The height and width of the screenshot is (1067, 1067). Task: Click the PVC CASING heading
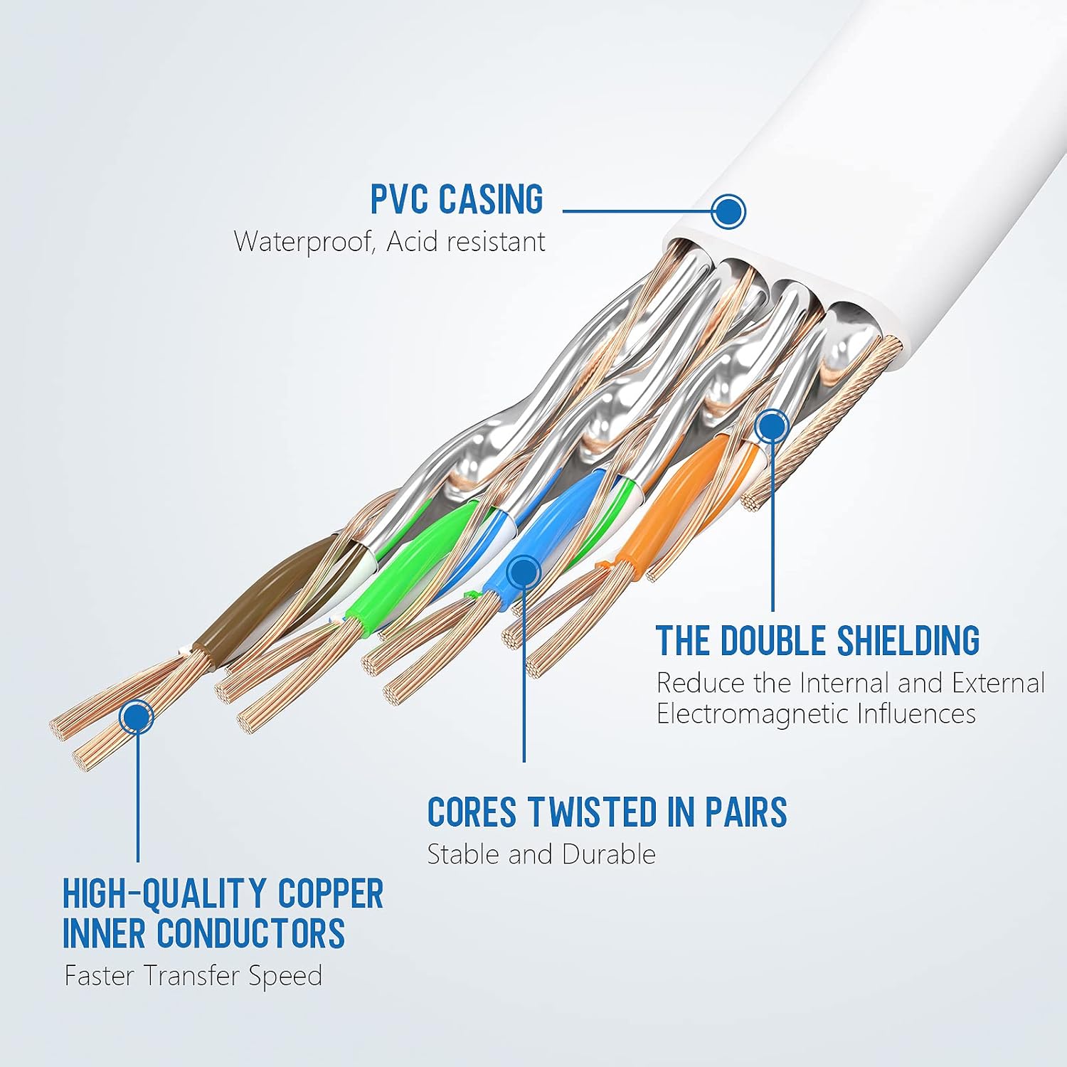(x=457, y=199)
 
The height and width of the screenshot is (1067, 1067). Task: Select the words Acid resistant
(x=466, y=242)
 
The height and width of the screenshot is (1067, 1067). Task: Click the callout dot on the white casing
(x=728, y=211)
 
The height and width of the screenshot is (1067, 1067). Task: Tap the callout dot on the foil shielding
(x=772, y=426)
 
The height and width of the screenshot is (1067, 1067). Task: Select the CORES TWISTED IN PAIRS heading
(x=607, y=812)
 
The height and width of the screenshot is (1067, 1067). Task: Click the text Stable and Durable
(x=541, y=854)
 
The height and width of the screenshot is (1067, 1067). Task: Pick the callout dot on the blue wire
(x=524, y=571)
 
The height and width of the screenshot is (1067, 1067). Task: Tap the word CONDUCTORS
(x=250, y=934)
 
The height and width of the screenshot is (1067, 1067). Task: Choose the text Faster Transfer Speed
(x=193, y=976)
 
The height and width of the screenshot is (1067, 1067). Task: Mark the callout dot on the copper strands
(x=137, y=716)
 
